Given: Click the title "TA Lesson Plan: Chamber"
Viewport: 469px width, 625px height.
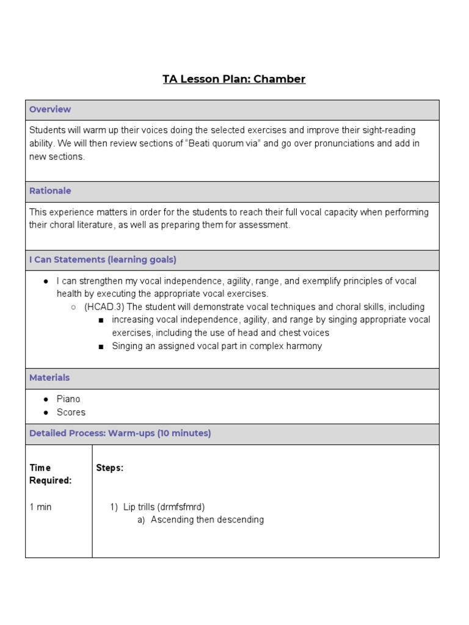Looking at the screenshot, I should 234,79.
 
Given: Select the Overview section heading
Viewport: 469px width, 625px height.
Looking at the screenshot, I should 50,109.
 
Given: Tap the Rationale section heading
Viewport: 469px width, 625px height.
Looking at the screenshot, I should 50,190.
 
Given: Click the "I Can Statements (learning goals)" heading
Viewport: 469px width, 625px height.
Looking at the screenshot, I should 103,259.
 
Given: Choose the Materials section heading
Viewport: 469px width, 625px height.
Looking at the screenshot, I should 49,378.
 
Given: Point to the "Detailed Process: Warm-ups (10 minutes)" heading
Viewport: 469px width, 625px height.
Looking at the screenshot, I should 120,433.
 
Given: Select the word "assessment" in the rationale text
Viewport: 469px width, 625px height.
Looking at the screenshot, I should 266,225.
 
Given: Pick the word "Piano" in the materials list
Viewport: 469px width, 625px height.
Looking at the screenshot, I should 68,399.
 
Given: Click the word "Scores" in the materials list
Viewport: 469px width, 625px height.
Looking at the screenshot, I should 71,412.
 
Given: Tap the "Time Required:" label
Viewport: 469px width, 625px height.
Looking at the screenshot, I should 51,474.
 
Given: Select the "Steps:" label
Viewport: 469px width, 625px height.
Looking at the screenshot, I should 110,468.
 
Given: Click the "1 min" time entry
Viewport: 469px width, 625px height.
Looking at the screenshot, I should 41,507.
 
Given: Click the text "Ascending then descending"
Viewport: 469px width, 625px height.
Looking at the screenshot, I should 207,520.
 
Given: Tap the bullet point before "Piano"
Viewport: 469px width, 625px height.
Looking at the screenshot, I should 46,399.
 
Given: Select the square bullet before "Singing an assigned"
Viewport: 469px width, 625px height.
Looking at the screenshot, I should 101,347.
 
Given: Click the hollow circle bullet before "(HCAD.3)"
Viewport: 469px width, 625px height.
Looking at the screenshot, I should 73,307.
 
